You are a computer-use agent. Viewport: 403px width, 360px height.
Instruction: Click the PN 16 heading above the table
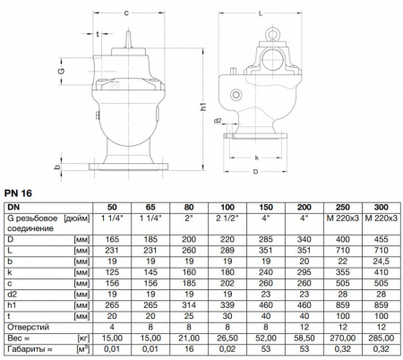pyautogui.click(x=20, y=192)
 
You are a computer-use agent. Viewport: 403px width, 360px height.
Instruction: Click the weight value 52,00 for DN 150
pyautogui.click(x=266, y=339)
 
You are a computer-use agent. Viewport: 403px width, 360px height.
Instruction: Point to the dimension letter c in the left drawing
pyautogui.click(x=125, y=13)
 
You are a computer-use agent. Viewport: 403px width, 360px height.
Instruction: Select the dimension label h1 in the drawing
pyautogui.click(x=203, y=107)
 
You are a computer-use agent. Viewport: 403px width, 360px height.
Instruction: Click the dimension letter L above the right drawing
pyautogui.click(x=258, y=13)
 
